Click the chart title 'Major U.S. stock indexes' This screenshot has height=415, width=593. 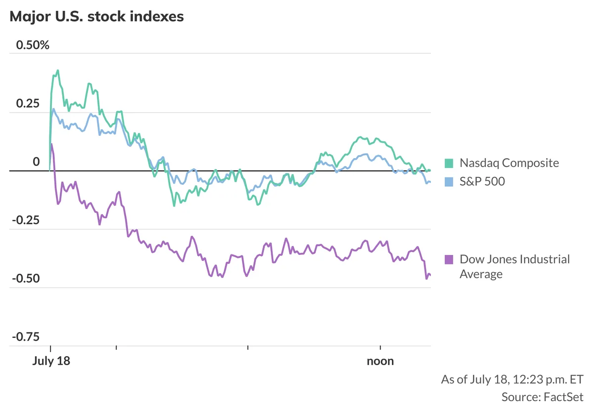pos(97,16)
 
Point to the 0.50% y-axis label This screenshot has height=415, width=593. pos(33,45)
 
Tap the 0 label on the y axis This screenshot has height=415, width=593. pos(36,162)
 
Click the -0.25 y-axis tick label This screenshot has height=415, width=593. pos(26,220)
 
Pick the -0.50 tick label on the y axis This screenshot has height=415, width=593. pos(26,279)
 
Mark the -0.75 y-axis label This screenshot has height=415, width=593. pos(26,337)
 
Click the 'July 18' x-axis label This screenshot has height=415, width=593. pos(51,361)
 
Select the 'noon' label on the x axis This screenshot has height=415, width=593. pos(380,361)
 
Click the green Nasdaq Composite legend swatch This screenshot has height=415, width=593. pos(449,163)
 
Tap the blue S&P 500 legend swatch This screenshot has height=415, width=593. pos(449,182)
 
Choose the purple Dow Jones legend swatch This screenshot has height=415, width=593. pos(449,259)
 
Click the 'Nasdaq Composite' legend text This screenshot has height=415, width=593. pos(509,163)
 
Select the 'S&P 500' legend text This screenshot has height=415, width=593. pos(482,182)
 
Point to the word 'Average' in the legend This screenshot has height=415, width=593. pos(481,274)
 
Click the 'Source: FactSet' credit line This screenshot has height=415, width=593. pos(542,397)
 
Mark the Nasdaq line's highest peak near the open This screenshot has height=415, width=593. pos(58,70)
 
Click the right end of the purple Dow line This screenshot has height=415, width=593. pos(430,275)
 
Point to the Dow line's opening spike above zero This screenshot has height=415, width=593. pos(52,144)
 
